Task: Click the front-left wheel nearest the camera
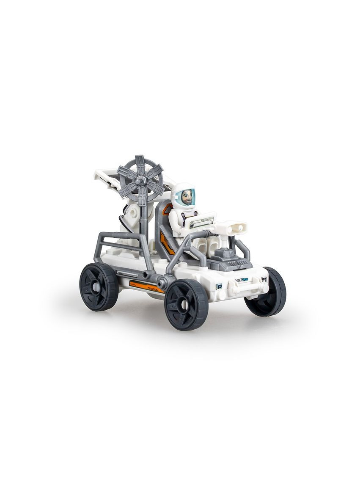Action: click(x=186, y=303)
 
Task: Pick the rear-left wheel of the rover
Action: click(x=99, y=286)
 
